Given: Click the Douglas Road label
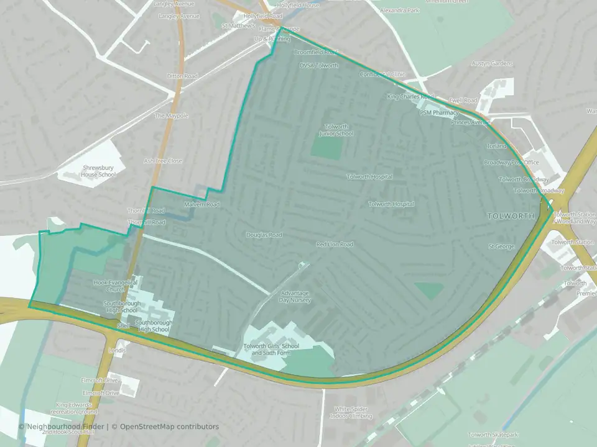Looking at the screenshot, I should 264,235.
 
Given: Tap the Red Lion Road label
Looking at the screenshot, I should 335,245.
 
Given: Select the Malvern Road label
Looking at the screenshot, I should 201,204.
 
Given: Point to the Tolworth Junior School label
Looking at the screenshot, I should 336,130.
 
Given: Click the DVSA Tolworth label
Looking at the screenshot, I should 319,66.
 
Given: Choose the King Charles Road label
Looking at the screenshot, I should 410,97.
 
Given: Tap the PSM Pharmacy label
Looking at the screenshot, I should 439,113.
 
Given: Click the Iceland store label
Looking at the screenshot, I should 496,146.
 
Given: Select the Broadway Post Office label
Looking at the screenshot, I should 511,163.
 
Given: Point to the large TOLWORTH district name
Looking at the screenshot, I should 511,216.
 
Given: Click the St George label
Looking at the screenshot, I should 502,246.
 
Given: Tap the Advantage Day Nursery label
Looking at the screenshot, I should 295,296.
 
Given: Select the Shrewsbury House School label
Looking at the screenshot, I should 99,171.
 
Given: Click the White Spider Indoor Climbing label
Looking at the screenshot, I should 353,412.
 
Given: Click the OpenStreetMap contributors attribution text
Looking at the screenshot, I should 169,427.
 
